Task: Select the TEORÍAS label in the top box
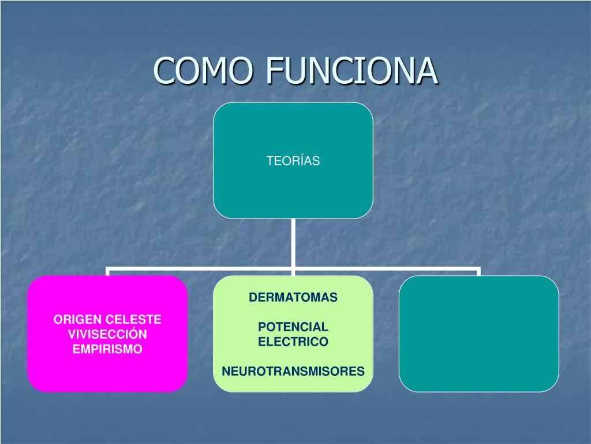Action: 293,161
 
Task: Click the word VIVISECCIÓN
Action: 107,334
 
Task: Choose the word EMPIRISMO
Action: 107,349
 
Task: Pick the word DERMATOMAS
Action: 293,298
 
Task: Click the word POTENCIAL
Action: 293,327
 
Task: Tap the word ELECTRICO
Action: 293,342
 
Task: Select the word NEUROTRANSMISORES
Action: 293,371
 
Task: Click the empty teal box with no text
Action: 478,334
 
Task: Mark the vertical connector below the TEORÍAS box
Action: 293,243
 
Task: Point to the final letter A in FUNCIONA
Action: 428,71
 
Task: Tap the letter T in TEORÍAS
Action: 270,161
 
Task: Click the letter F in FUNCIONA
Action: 273,71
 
